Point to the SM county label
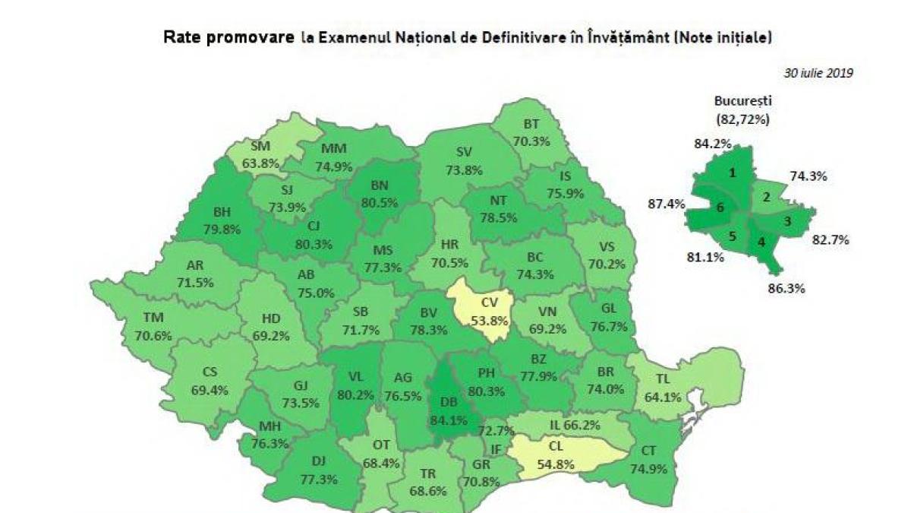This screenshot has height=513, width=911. tap(260, 146)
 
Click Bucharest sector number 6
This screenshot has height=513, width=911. tap(720, 207)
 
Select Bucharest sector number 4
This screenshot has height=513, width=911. tap(762, 245)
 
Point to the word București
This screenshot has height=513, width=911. tap(742, 100)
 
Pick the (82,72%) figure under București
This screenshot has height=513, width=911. tap(742, 119)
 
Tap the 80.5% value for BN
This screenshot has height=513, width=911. tap(384, 204)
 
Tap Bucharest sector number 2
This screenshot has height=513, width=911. tap(767, 198)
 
